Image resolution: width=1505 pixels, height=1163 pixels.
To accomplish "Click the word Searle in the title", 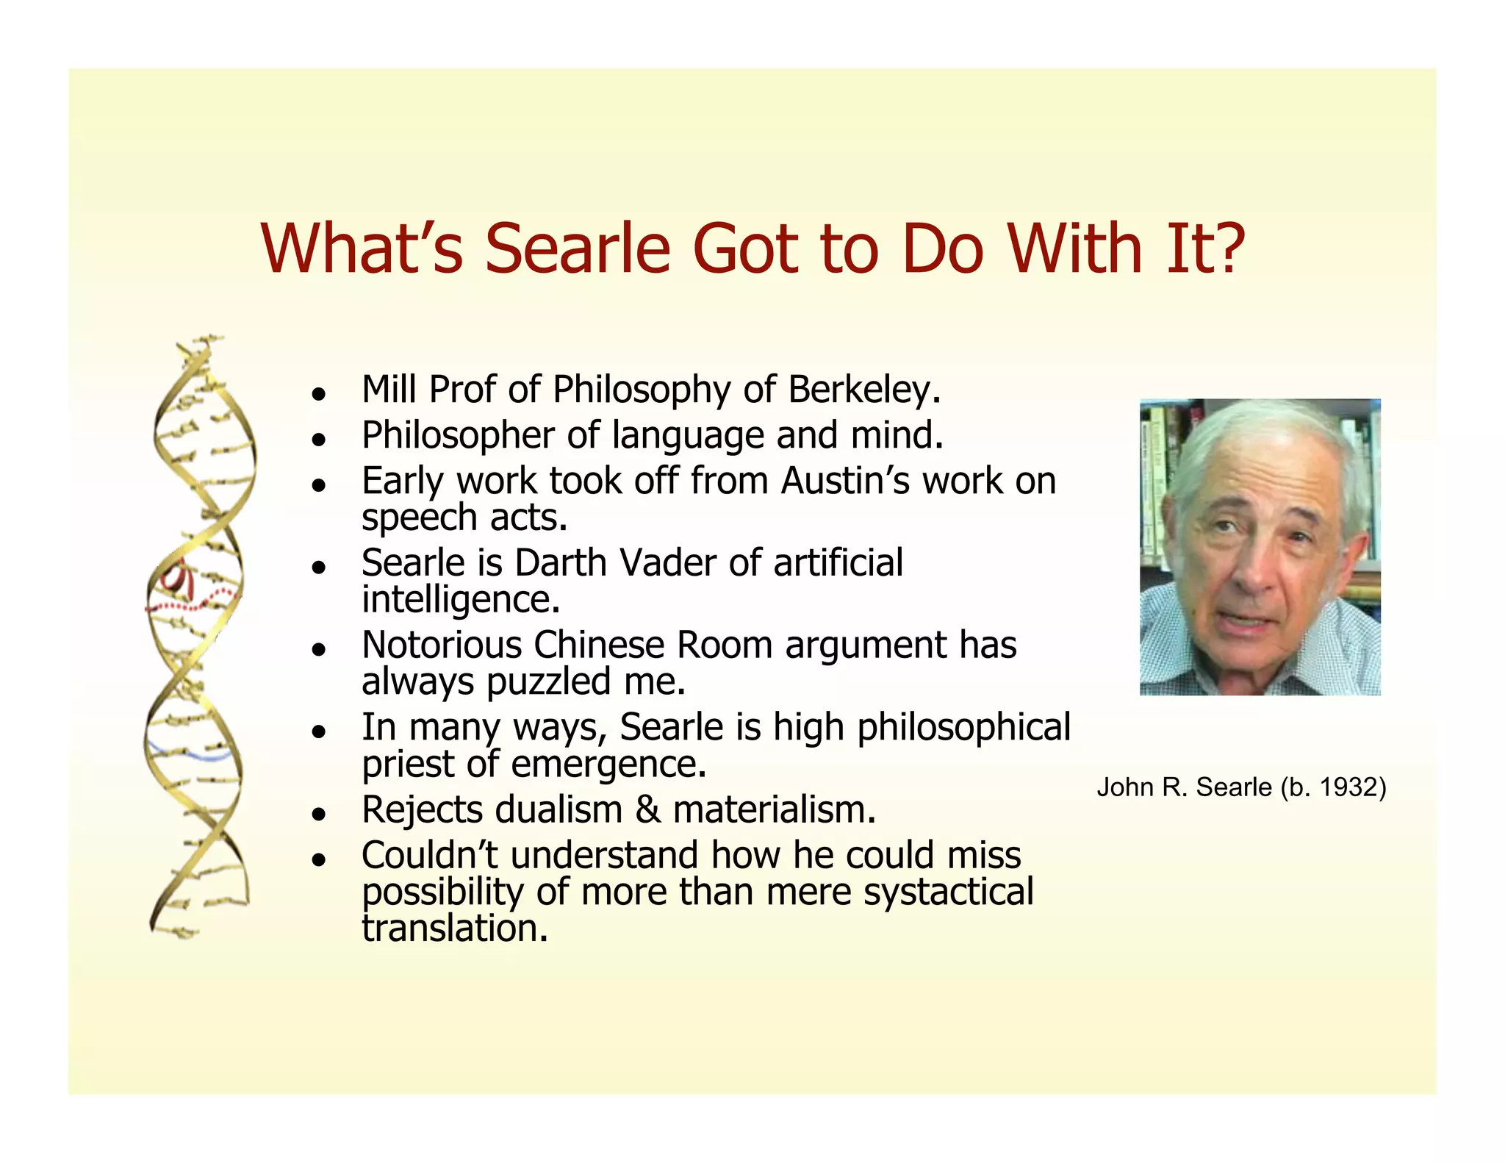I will click(x=578, y=248).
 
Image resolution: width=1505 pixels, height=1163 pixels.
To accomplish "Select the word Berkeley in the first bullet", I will click(x=863, y=390).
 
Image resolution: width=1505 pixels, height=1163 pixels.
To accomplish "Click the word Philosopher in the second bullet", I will click(x=457, y=436).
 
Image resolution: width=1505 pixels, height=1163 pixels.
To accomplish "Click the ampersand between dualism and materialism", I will click(x=647, y=810).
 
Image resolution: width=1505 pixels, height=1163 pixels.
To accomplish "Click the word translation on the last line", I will click(x=454, y=928).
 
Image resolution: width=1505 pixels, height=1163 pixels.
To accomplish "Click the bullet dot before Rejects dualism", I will click(x=318, y=814).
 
